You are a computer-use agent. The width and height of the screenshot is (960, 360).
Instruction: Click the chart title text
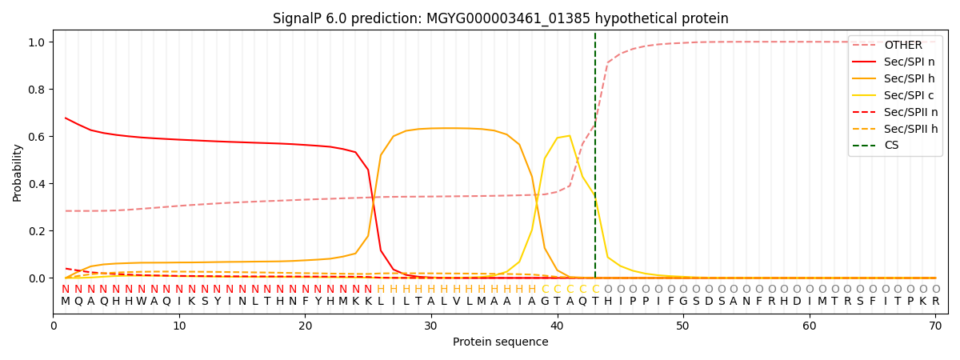pos(500,18)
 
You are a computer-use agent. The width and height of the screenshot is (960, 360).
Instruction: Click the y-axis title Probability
pos(18,172)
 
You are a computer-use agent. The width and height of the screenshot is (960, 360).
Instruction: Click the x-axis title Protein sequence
pos(500,342)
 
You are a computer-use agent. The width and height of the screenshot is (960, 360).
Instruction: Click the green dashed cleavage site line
pos(595,160)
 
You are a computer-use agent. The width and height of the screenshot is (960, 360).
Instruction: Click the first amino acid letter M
pos(66,302)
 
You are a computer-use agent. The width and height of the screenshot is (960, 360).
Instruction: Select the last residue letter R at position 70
pos(935,302)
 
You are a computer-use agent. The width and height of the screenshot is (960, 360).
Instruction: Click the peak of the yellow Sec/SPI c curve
pos(570,136)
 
